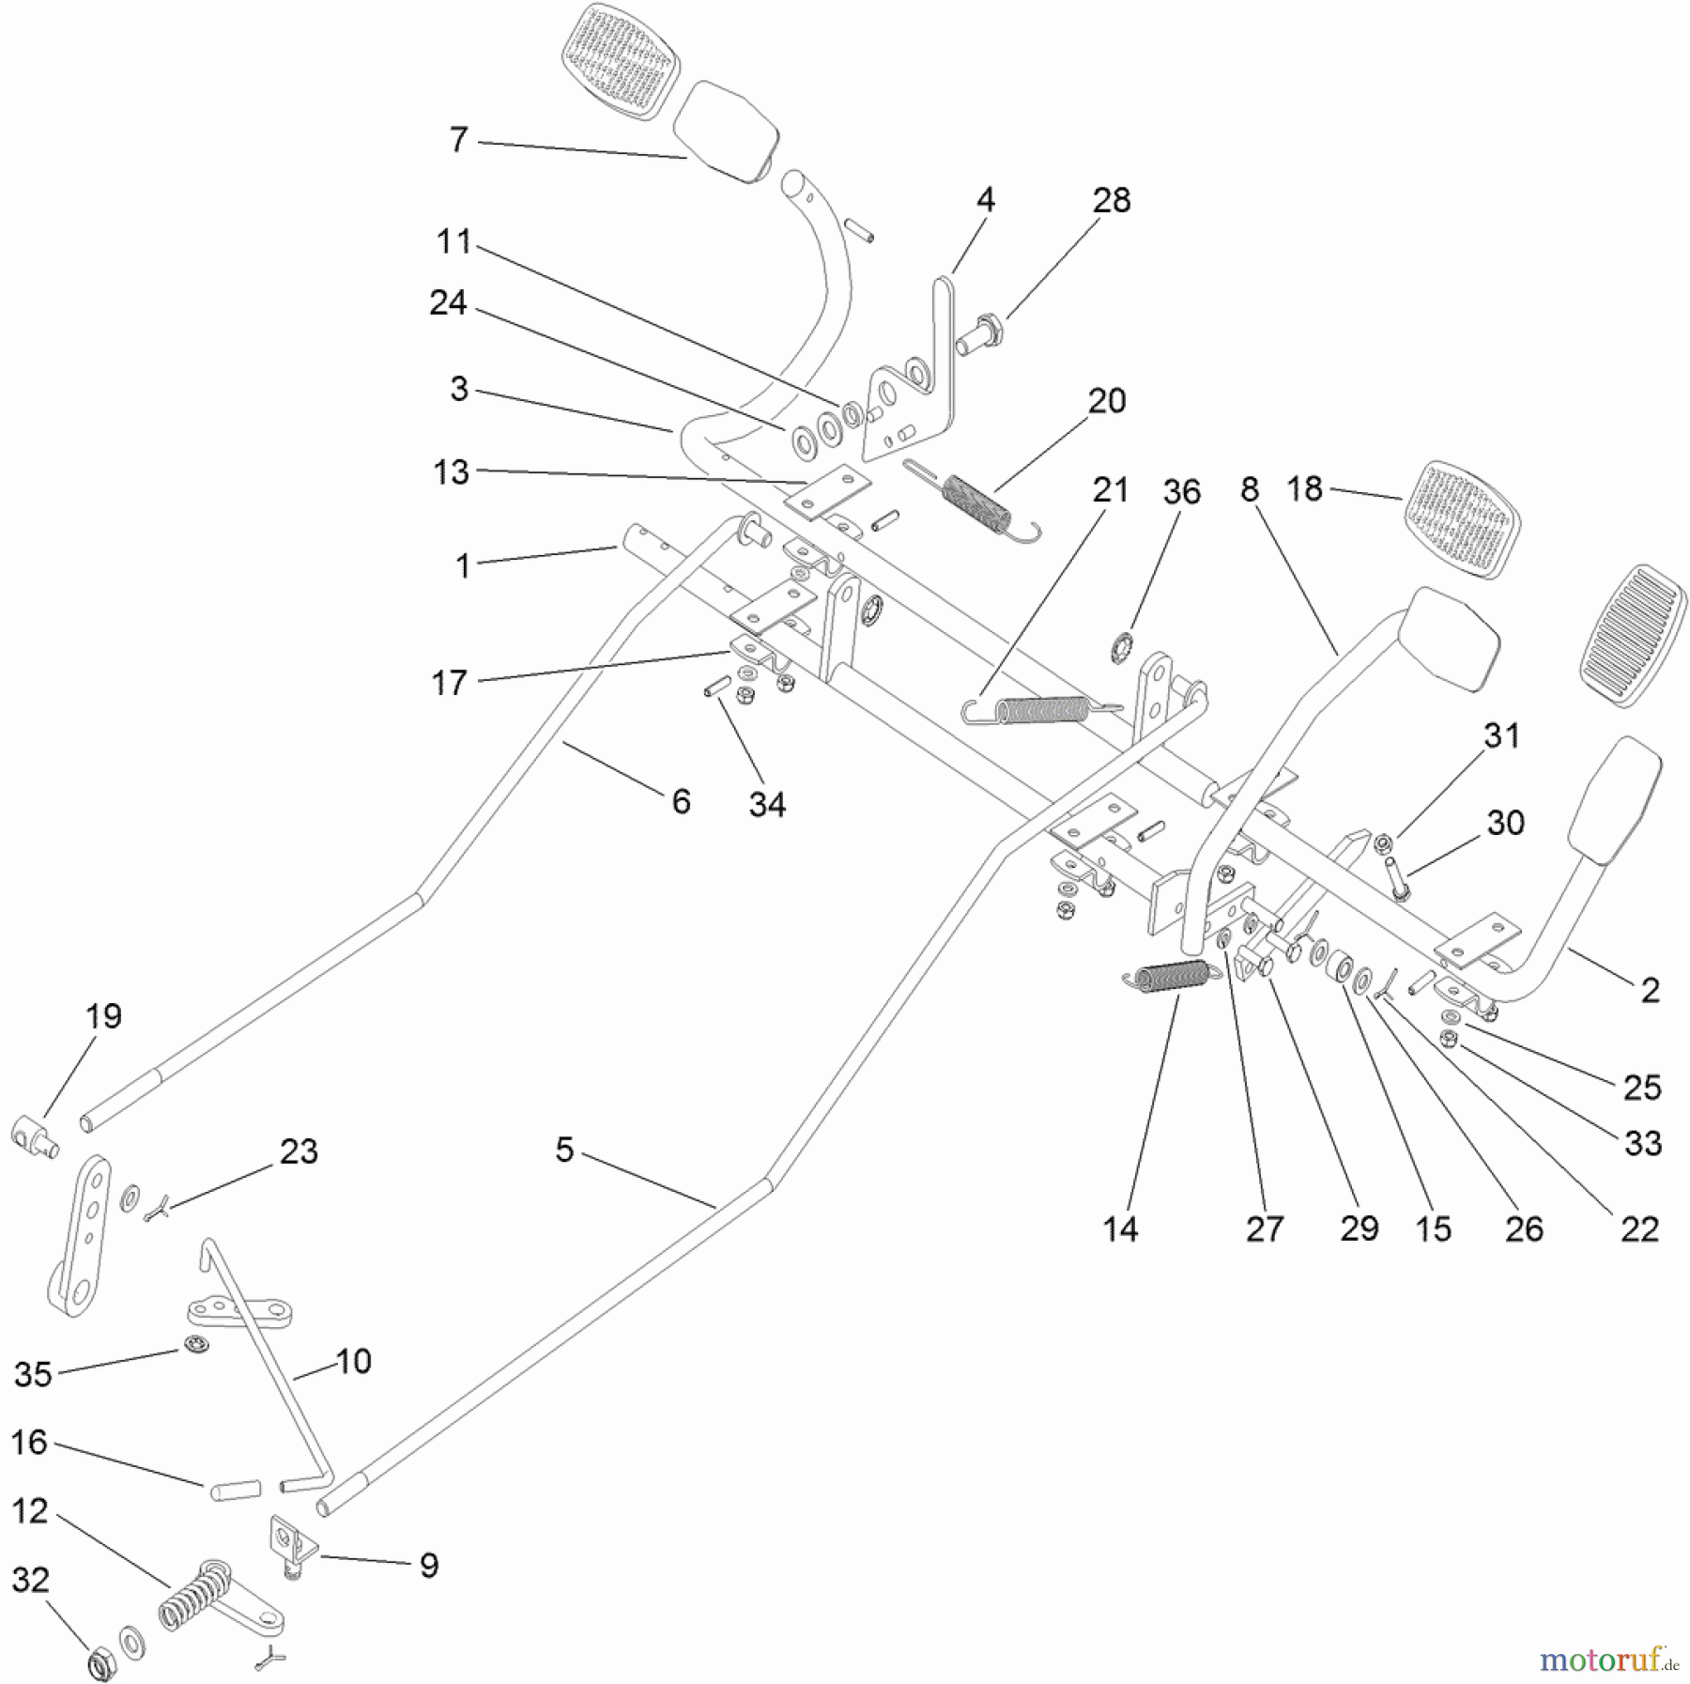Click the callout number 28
coord(1112,200)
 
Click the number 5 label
coord(563,1149)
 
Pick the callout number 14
coord(1120,1228)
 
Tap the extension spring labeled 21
coord(1040,710)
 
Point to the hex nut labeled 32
coord(100,1665)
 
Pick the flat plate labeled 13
coord(828,490)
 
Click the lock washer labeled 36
coord(1120,647)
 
